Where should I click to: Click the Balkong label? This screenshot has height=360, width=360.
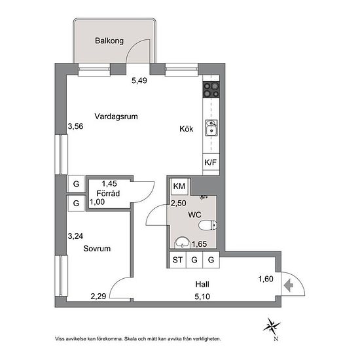coord(109,41)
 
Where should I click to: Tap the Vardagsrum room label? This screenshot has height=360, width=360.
coord(116,117)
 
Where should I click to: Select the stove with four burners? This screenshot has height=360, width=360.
coord(211,90)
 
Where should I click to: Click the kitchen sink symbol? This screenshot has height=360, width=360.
coord(211,128)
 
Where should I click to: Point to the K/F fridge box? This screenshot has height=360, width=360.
coord(211,162)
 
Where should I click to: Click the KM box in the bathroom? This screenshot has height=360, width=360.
coord(179,186)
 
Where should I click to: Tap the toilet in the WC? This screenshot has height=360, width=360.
coord(207,225)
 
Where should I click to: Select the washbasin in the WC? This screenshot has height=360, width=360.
coord(182,243)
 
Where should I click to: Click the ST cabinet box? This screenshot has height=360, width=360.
coord(177,260)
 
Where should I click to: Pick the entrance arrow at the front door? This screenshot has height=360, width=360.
coord(289,285)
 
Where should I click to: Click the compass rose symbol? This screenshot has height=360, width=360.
coord(272,326)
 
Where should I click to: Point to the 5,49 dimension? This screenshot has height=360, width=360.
coord(139,81)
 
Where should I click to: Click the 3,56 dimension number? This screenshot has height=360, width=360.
coord(75,126)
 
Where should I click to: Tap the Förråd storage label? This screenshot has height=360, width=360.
coord(108,193)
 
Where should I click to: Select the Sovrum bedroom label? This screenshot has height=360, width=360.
coord(97,249)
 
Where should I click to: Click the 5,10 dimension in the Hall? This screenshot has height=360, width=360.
coord(202,297)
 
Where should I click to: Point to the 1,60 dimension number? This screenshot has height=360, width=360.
coord(266,279)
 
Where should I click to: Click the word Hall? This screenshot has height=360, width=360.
coord(202,284)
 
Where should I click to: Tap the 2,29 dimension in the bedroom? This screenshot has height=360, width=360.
coord(98,297)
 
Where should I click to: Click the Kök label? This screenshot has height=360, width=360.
coord(186,129)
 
